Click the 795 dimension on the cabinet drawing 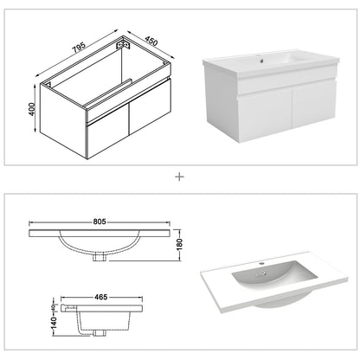point(77,47)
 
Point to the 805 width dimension point(101,222)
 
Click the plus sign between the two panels point(179,177)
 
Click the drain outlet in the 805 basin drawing point(100,254)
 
